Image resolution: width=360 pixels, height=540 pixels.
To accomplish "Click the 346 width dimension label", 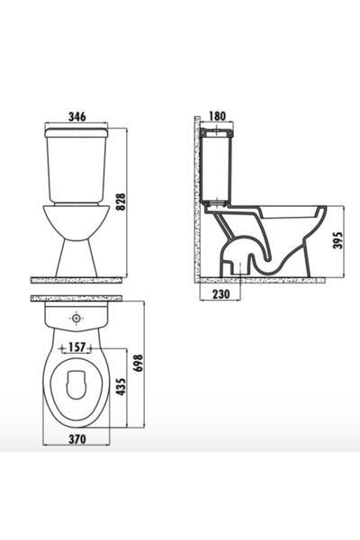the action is tap(76, 117).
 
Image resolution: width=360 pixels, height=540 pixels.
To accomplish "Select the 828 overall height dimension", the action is tap(121, 202).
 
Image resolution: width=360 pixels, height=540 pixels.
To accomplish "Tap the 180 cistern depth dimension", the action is tap(218, 116).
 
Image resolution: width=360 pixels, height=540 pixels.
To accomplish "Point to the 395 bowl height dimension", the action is tap(338, 240).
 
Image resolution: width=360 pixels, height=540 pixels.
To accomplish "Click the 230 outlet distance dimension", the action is tap(220, 294).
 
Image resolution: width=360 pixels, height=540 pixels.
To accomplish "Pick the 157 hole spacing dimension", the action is tap(76, 347).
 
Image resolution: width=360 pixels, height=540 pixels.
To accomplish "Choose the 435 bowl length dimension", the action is tap(121, 387).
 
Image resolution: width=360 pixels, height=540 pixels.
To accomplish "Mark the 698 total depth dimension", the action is tap(138, 364).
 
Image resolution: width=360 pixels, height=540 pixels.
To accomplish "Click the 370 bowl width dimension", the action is tap(76, 439).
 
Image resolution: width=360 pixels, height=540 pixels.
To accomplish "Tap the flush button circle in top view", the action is tap(76, 318).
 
